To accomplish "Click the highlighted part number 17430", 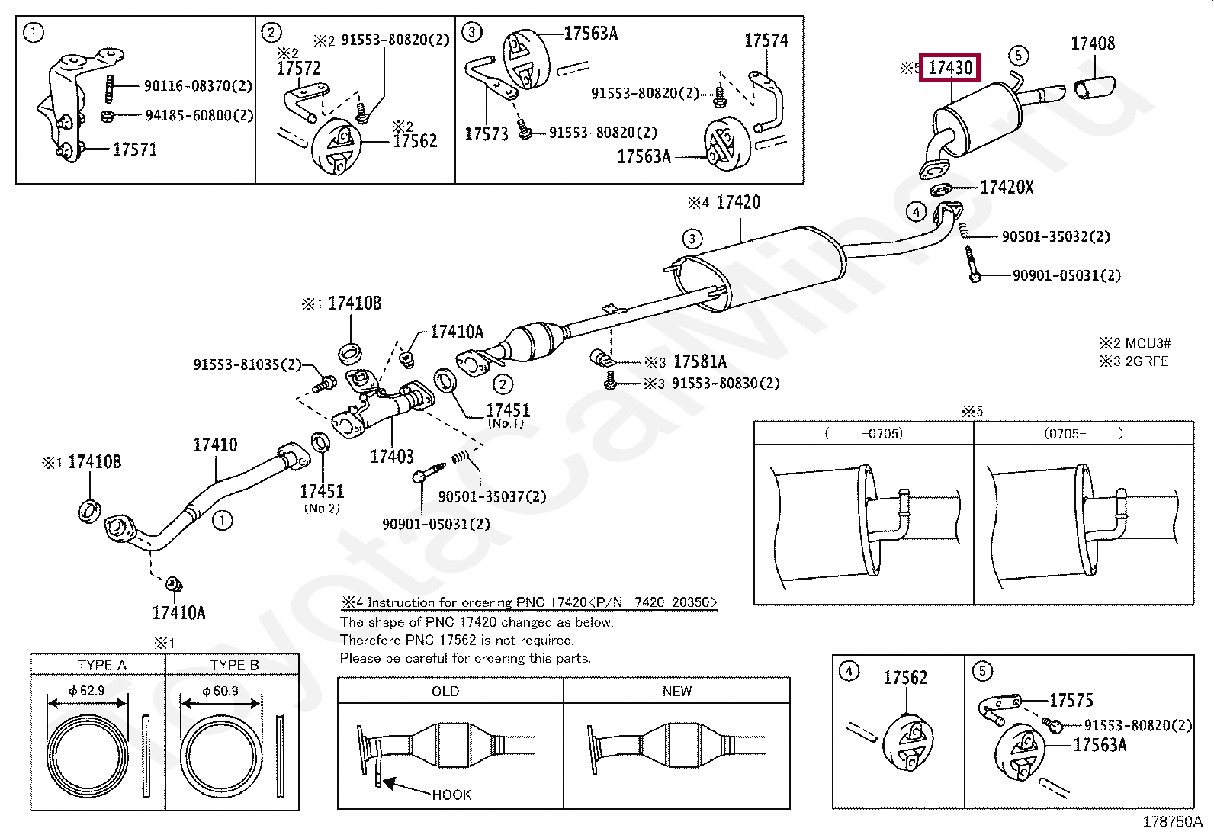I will (950, 68).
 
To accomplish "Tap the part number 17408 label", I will (1092, 43).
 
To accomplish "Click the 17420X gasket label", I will (1006, 187).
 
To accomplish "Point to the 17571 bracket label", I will (134, 149).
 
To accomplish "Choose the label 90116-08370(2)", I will (198, 86).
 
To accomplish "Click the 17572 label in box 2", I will (298, 69).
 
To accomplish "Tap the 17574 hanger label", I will (766, 40).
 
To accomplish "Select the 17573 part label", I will (486, 134).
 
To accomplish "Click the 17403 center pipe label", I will (391, 457).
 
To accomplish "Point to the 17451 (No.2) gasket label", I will (321, 492).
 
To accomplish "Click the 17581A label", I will (699, 361).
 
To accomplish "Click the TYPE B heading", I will (234, 665).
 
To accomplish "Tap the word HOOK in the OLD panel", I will (451, 795).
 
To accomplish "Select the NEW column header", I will (676, 691).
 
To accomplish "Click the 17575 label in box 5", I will (1071, 700).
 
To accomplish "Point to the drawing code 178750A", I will (1171, 821).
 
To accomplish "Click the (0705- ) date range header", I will (1083, 433).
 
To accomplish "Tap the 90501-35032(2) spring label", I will (1055, 237).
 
